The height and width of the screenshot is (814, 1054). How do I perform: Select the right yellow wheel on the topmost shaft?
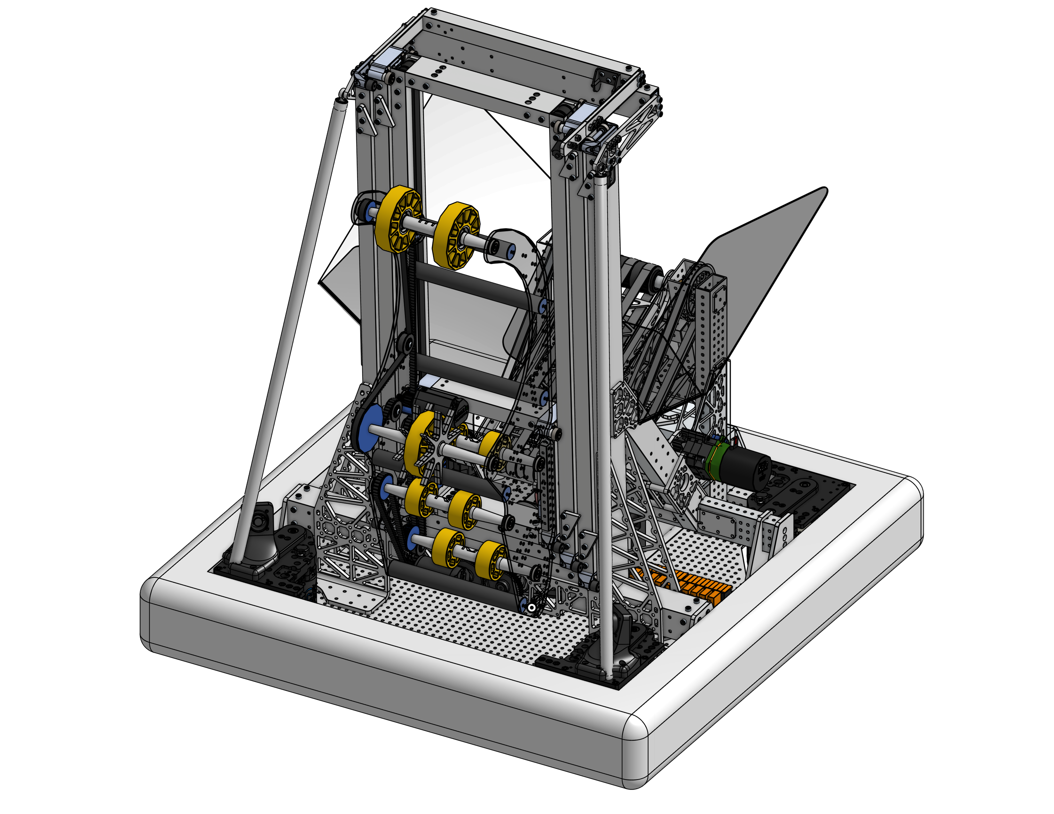pyautogui.click(x=456, y=235)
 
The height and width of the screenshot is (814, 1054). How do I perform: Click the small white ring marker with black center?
pyautogui.click(x=532, y=608)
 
